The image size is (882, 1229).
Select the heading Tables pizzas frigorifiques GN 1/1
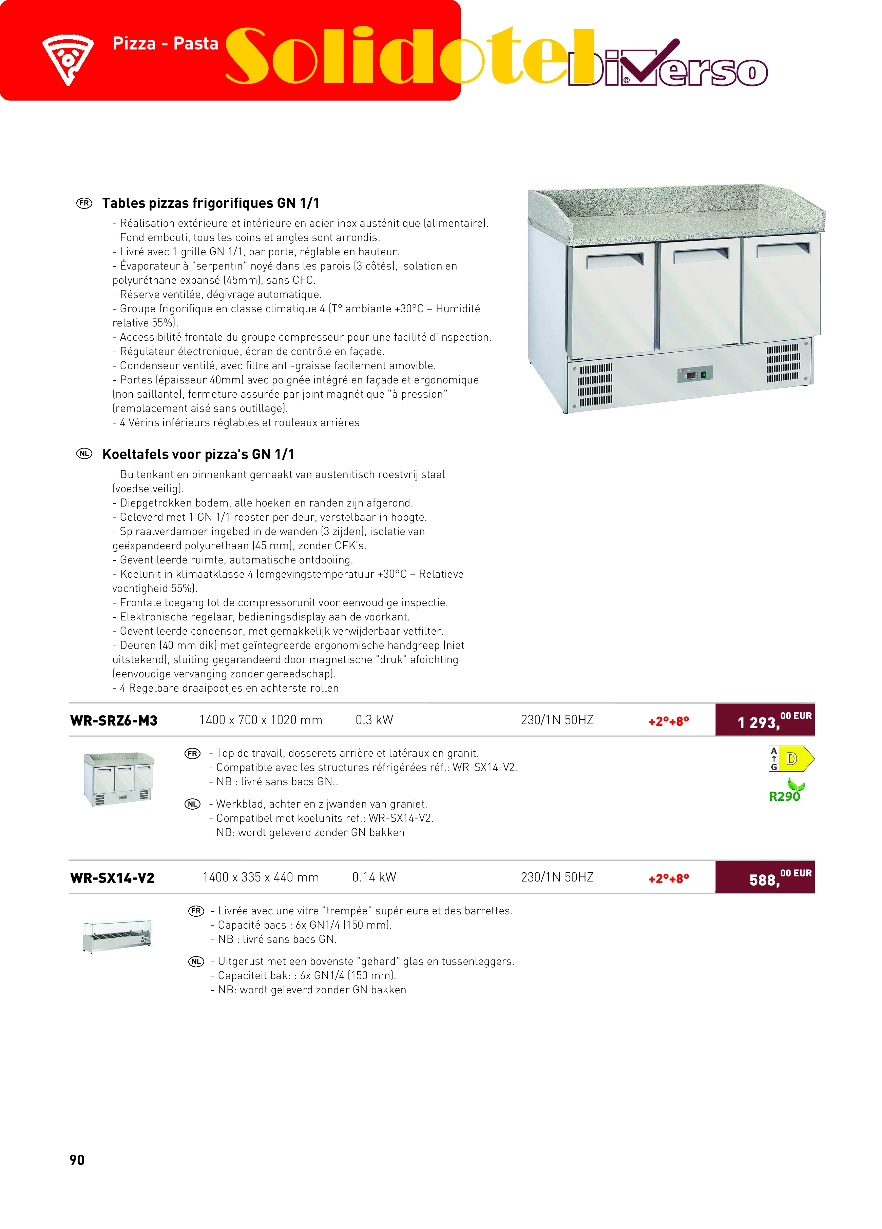[x=211, y=203]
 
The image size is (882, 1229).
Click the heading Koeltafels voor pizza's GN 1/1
[x=198, y=454]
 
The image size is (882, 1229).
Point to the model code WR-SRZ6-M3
[x=114, y=721]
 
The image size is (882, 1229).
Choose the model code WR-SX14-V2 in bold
[x=112, y=878]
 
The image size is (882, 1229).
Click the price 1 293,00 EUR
[x=765, y=720]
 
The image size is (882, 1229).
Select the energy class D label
[x=792, y=759]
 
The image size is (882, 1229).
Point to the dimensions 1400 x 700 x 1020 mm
[x=261, y=720]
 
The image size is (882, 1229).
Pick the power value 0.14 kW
[x=374, y=877]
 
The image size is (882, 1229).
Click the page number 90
[x=77, y=1160]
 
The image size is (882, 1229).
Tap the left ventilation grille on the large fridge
[x=595, y=385]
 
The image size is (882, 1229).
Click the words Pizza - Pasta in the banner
[x=165, y=43]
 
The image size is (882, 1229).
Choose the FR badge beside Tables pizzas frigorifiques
[x=84, y=203]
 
